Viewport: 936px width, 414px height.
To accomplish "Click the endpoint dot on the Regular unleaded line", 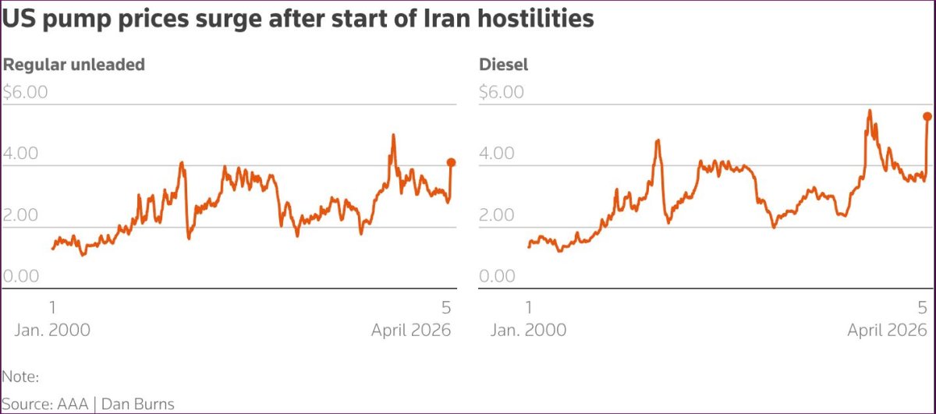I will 451,162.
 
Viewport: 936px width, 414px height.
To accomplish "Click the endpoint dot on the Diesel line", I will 927,116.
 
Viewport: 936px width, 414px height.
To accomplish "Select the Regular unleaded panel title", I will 74,65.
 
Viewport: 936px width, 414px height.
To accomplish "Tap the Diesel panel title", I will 503,65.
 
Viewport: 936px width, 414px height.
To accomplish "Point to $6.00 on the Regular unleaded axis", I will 25,92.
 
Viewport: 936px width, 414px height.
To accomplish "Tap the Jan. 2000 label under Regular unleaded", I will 52,330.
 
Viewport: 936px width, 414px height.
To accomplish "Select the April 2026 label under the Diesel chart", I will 888,330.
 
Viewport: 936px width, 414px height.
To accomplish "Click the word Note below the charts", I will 19,377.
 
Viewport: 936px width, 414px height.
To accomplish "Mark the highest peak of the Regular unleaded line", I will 393,135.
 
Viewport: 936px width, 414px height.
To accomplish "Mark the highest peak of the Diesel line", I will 869,111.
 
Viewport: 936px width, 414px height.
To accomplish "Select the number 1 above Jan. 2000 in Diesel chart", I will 530,306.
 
